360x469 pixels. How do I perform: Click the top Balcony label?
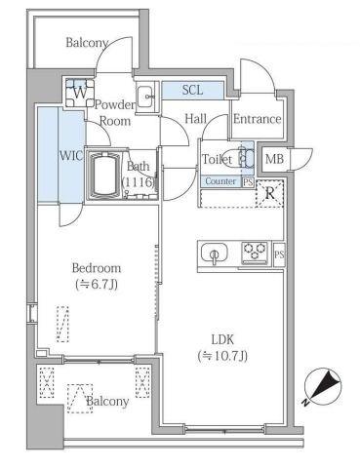86,43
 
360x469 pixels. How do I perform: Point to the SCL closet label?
192,91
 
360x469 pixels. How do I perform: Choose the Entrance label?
257,119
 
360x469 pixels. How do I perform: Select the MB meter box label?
275,159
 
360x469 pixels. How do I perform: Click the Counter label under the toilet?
220,181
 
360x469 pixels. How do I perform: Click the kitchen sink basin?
212,255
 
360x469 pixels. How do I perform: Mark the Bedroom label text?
96,268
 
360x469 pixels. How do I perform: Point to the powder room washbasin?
143,96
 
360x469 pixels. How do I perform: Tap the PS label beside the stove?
280,255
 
